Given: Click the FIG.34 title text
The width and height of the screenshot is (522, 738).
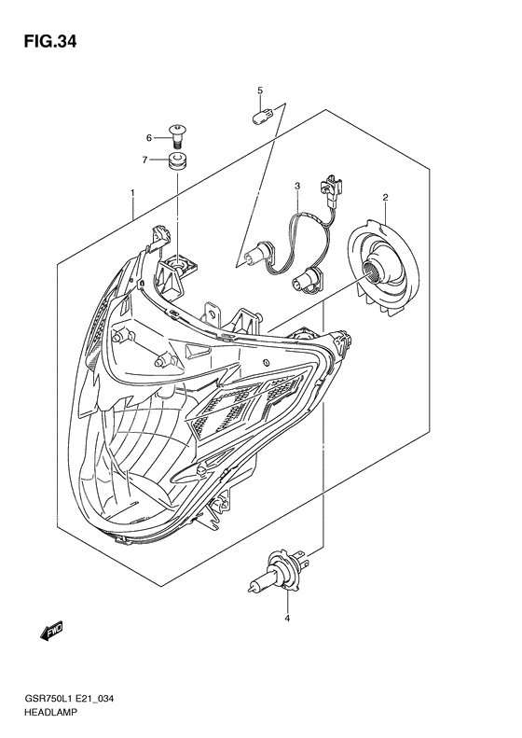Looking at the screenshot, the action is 49,42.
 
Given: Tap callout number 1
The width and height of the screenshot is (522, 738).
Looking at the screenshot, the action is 132,192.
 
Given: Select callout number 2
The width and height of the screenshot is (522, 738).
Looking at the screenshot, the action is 385,197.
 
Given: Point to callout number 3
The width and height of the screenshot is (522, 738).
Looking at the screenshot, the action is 297,186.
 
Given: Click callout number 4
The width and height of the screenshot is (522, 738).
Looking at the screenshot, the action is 287,618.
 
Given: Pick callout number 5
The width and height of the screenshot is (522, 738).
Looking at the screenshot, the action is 259,91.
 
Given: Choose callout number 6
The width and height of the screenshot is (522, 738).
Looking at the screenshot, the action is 149,138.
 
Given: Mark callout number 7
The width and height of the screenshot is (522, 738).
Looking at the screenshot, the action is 145,160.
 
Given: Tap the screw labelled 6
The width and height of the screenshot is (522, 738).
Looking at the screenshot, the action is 176,136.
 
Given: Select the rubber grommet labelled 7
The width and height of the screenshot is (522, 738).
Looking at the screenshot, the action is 177,161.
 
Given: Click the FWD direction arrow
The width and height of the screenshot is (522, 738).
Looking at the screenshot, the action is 51,631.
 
